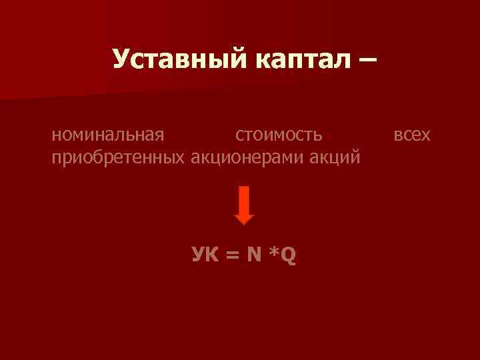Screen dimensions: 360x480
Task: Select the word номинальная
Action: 107,136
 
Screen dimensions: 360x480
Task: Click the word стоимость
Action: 279,136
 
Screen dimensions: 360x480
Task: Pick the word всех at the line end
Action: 412,136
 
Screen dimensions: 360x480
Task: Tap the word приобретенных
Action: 119,158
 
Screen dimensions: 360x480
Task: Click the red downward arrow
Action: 245,205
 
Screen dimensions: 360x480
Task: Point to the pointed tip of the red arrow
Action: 245,222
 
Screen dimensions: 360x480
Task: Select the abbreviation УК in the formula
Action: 204,254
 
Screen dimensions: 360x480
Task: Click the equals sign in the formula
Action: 231,255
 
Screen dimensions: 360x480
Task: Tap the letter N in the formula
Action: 253,254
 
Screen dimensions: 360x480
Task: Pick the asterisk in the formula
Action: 273,252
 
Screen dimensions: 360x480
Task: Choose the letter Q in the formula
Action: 289,255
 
